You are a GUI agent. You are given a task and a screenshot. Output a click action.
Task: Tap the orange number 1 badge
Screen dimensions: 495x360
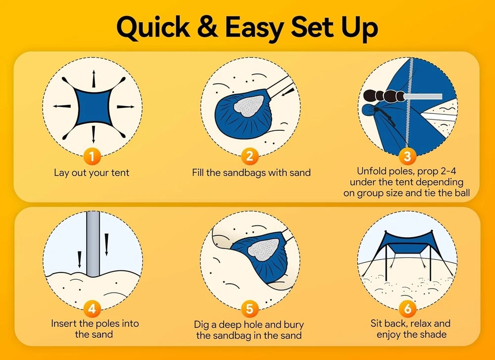click(92, 156)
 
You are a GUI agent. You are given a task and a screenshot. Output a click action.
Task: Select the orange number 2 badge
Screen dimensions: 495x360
click(249, 156)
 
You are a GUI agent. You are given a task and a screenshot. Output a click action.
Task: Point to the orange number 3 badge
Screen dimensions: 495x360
click(407, 156)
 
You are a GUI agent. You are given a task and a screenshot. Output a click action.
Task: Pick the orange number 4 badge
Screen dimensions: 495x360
click(92, 308)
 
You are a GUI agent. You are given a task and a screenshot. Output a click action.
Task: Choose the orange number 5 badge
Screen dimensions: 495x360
click(249, 308)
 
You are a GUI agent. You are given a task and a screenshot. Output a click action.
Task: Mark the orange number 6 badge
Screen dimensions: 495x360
click(407, 308)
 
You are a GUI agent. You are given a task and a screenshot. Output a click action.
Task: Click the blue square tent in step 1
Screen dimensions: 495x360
click(93, 107)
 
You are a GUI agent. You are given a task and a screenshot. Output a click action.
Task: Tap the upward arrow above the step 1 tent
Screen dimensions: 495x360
click(94, 78)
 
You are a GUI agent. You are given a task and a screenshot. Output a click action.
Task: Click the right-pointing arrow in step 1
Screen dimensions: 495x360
click(126, 107)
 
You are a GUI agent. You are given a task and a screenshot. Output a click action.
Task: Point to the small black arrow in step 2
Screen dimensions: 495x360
click(288, 92)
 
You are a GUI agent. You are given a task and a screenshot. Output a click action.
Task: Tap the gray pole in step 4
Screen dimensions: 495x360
click(93, 244)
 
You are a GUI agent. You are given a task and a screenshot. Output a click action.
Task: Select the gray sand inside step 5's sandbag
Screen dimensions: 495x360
click(263, 249)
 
